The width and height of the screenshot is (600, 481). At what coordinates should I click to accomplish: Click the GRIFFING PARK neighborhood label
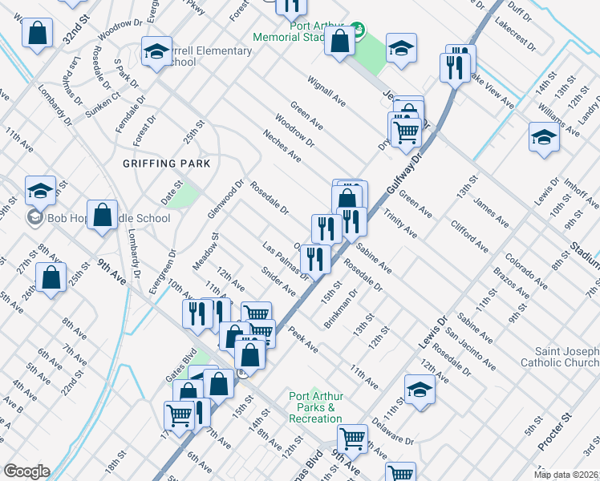tap(166, 164)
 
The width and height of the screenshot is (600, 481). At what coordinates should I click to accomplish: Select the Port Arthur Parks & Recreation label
tap(315, 407)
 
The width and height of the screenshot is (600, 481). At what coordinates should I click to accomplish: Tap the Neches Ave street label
tap(282, 145)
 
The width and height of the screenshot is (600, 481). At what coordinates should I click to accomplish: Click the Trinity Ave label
tap(399, 224)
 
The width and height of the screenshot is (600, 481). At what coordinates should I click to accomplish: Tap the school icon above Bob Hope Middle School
tap(40, 191)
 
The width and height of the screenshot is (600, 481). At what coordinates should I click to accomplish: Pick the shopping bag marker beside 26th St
tap(51, 277)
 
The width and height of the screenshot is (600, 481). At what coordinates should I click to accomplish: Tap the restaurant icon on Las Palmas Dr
tap(315, 258)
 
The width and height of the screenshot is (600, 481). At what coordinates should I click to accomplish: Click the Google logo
tap(26, 471)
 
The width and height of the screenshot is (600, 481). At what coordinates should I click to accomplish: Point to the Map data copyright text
tap(566, 475)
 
